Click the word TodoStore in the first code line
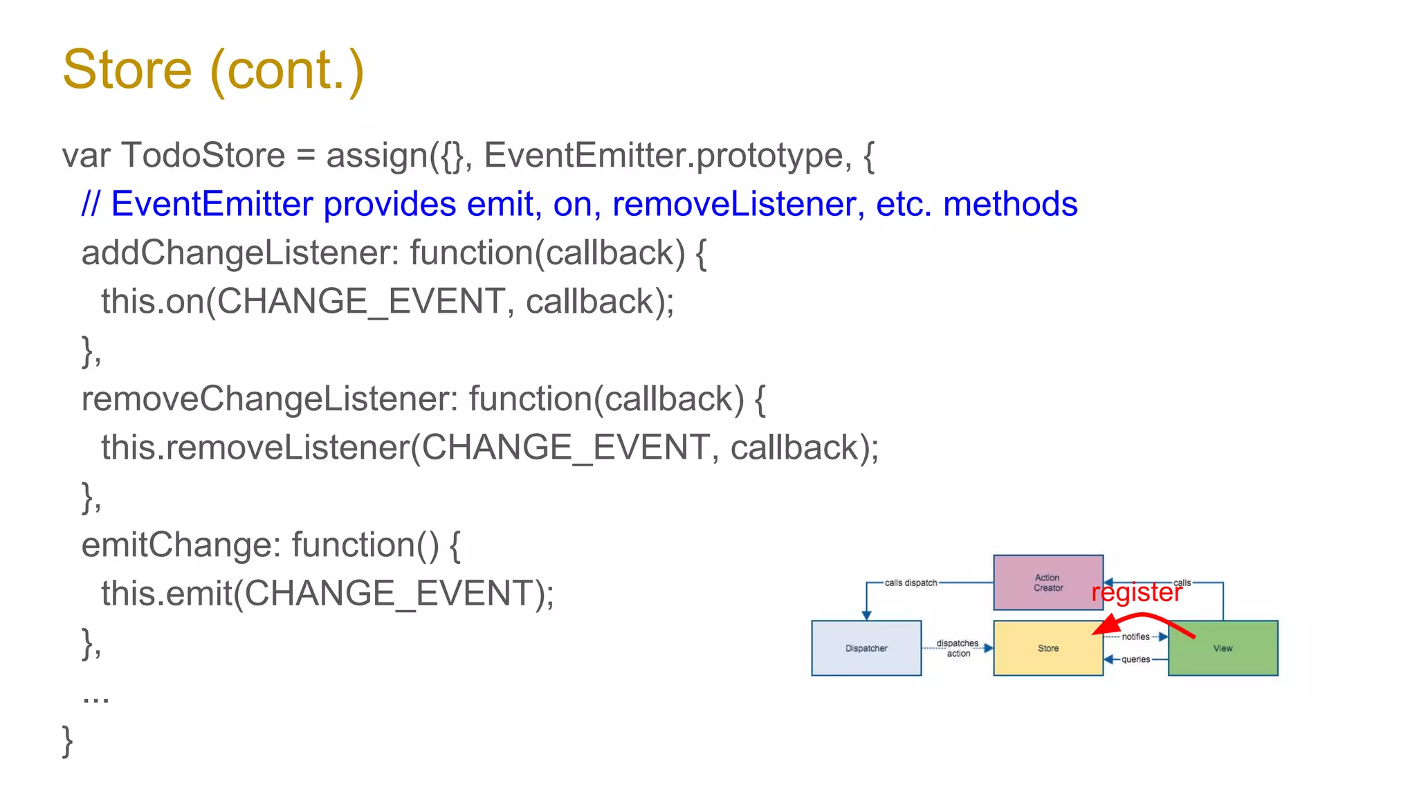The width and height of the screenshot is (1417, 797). (203, 155)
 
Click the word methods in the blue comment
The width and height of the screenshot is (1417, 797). (1009, 204)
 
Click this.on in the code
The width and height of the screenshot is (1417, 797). (152, 302)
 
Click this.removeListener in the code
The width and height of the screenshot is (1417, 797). (255, 448)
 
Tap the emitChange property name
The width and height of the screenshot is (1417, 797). (180, 545)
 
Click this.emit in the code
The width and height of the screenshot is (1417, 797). (166, 594)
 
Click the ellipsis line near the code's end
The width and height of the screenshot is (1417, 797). (95, 695)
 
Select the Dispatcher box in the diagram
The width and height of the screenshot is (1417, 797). (866, 648)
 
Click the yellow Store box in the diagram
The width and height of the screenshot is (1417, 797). (1048, 648)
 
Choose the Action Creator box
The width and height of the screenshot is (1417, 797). (1048, 583)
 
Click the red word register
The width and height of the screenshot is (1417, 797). (1137, 593)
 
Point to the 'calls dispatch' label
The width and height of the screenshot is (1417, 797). (911, 583)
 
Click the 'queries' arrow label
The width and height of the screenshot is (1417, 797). (1135, 659)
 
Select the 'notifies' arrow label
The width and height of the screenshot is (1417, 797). (1135, 636)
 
